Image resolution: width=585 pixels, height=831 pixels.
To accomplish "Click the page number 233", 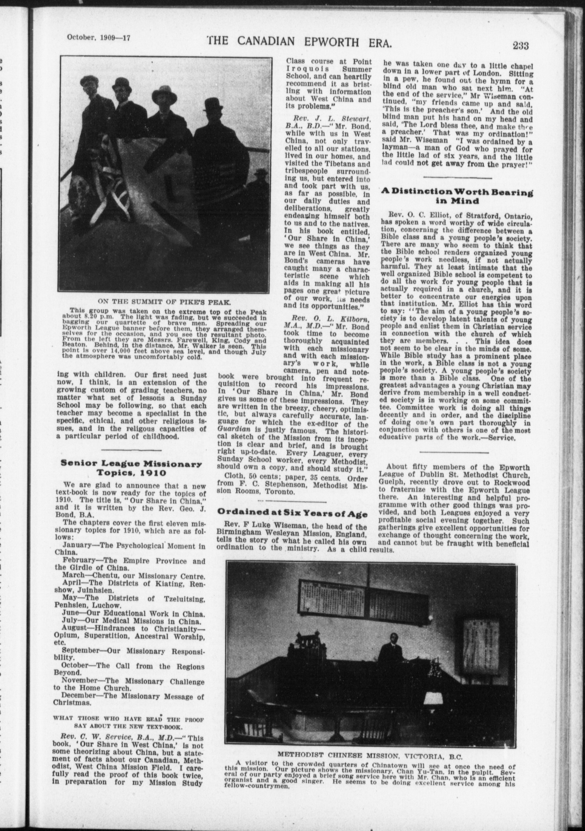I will pyautogui.click(x=520, y=45).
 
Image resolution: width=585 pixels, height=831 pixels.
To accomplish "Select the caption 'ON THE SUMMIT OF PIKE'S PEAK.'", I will pyautogui.click(x=165, y=301).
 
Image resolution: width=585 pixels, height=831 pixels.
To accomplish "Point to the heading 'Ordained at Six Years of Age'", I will pyautogui.click(x=292, y=513).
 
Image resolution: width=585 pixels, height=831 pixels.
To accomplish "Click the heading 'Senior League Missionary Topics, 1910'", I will pyautogui.click(x=131, y=468).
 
